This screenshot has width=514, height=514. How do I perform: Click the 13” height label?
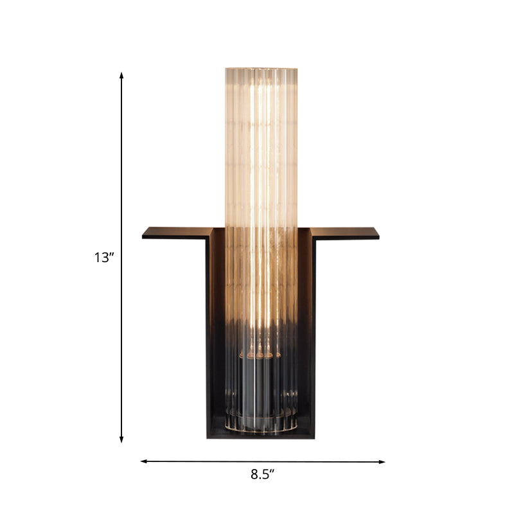(x=103, y=258)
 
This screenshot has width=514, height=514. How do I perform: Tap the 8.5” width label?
(x=262, y=475)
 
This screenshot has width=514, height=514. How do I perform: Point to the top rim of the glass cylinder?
(x=261, y=67)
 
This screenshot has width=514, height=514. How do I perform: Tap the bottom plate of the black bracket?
(x=261, y=435)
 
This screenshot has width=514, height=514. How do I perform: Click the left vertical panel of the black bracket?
(x=210, y=334)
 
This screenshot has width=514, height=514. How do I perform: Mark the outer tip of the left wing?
(x=144, y=233)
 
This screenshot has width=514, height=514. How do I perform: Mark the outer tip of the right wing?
(x=378, y=234)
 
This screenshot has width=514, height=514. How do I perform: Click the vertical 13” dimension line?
(x=121, y=161)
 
